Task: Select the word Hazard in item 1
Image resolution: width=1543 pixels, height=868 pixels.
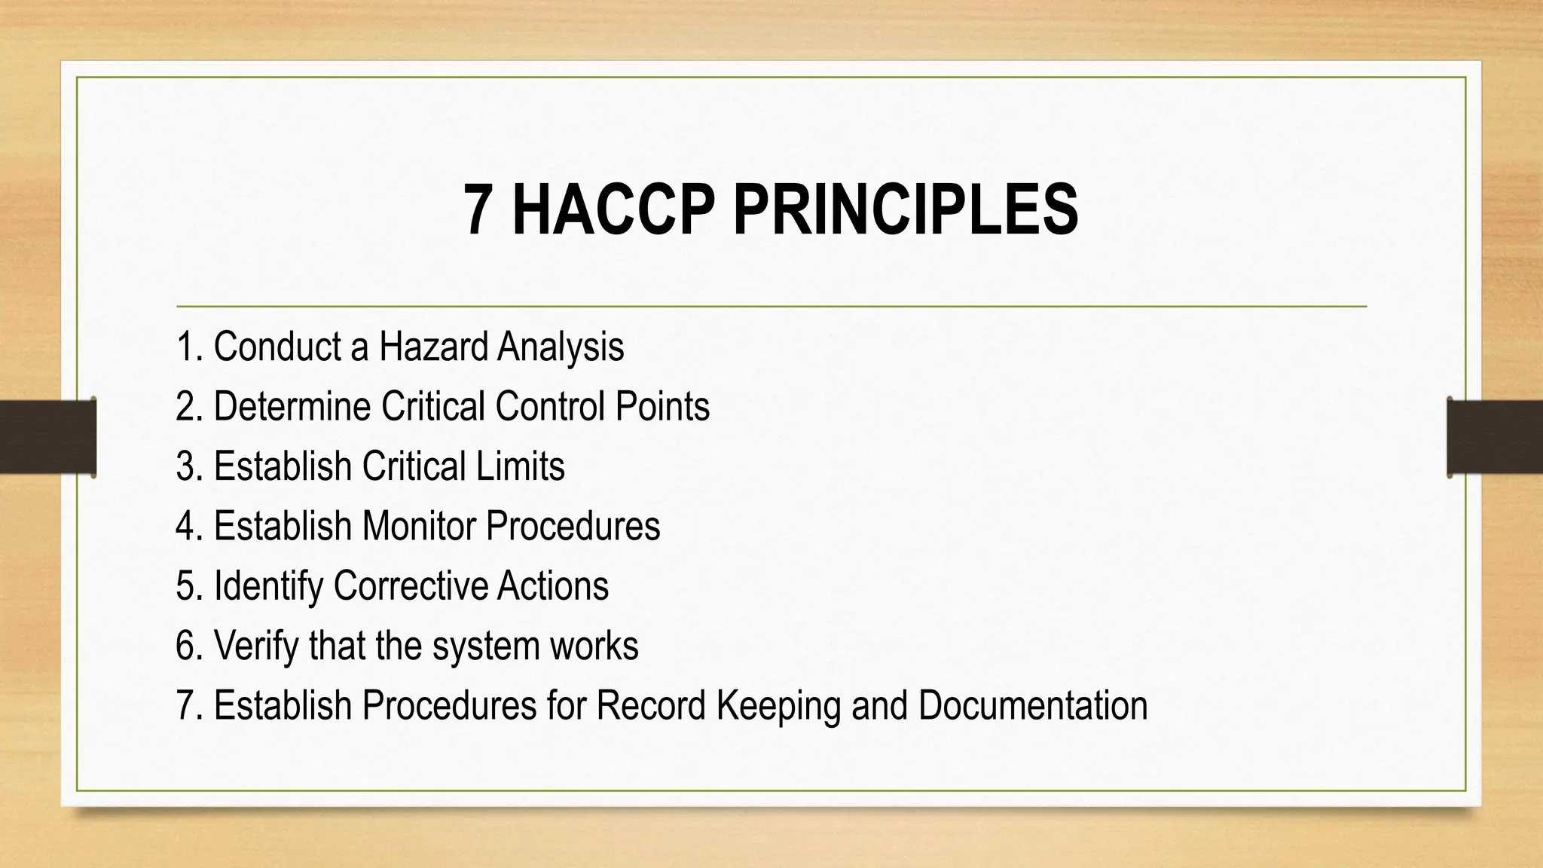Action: pos(433,347)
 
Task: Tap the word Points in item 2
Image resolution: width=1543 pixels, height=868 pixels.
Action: pos(662,406)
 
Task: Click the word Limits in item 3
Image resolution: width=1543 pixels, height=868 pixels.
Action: pos(519,466)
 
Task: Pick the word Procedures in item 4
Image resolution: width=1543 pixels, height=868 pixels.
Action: pos(573,525)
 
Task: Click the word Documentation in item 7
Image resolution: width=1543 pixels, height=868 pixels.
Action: pos(1032,705)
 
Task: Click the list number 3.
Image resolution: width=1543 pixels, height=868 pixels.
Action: pos(187,466)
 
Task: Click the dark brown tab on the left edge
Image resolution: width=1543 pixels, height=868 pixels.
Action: pos(47,437)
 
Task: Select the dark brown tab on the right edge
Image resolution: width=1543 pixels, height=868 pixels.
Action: pos(1495,437)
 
